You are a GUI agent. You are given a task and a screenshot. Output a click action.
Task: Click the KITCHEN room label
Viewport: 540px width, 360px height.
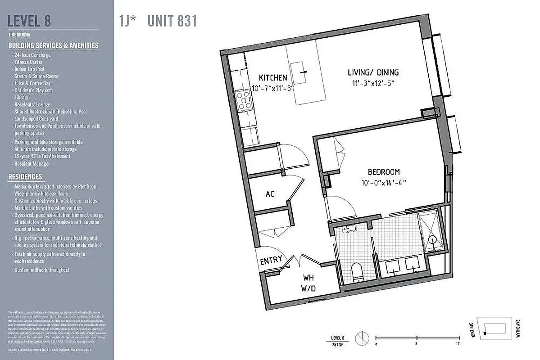pos(272,78)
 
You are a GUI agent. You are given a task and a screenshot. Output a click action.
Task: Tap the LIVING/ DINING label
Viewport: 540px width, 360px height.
pos(373,72)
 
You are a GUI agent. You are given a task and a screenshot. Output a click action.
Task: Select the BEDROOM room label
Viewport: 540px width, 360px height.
pos(384,172)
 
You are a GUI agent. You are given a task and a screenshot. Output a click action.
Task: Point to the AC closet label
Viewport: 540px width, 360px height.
pos(270,194)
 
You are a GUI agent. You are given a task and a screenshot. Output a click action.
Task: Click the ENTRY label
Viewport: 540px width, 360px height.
pos(272,260)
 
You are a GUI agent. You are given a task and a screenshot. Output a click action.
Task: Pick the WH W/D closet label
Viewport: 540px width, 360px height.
pos(308,278)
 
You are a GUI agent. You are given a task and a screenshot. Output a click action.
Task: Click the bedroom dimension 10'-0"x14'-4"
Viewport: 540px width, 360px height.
pos(384,183)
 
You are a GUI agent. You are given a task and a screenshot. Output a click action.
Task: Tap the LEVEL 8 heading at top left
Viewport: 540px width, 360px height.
pos(29,21)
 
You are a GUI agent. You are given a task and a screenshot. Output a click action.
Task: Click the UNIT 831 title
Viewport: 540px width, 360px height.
pos(172,21)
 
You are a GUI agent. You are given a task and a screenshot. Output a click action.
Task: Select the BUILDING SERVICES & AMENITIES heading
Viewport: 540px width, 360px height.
pos(53,45)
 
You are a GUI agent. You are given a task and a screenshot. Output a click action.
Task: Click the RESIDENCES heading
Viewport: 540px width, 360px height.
pos(25,177)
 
